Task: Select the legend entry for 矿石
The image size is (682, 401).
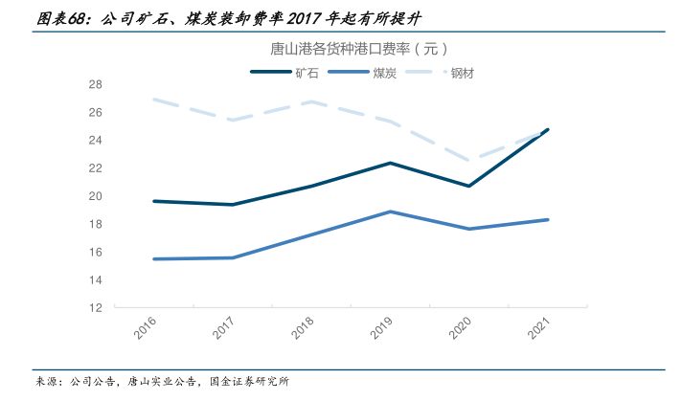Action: point(307,72)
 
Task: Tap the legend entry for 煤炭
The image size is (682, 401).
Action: point(386,72)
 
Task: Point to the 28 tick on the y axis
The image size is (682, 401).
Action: point(96,84)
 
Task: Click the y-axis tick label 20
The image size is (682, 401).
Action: point(96,196)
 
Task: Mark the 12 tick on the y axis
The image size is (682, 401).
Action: point(96,308)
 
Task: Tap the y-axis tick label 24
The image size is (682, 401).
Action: point(96,141)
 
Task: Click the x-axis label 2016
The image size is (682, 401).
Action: point(146,330)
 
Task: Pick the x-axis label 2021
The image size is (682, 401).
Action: point(539,330)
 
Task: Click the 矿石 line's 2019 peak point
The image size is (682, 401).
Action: point(389,163)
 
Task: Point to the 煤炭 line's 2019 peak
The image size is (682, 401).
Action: point(389,212)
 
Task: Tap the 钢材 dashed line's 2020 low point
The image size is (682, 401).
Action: point(467,161)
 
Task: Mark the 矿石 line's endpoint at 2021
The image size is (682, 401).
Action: point(546,129)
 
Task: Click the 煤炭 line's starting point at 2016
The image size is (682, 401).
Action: point(153,258)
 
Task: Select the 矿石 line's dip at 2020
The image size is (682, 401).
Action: point(467,186)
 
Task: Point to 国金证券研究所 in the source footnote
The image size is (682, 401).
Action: point(251,382)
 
